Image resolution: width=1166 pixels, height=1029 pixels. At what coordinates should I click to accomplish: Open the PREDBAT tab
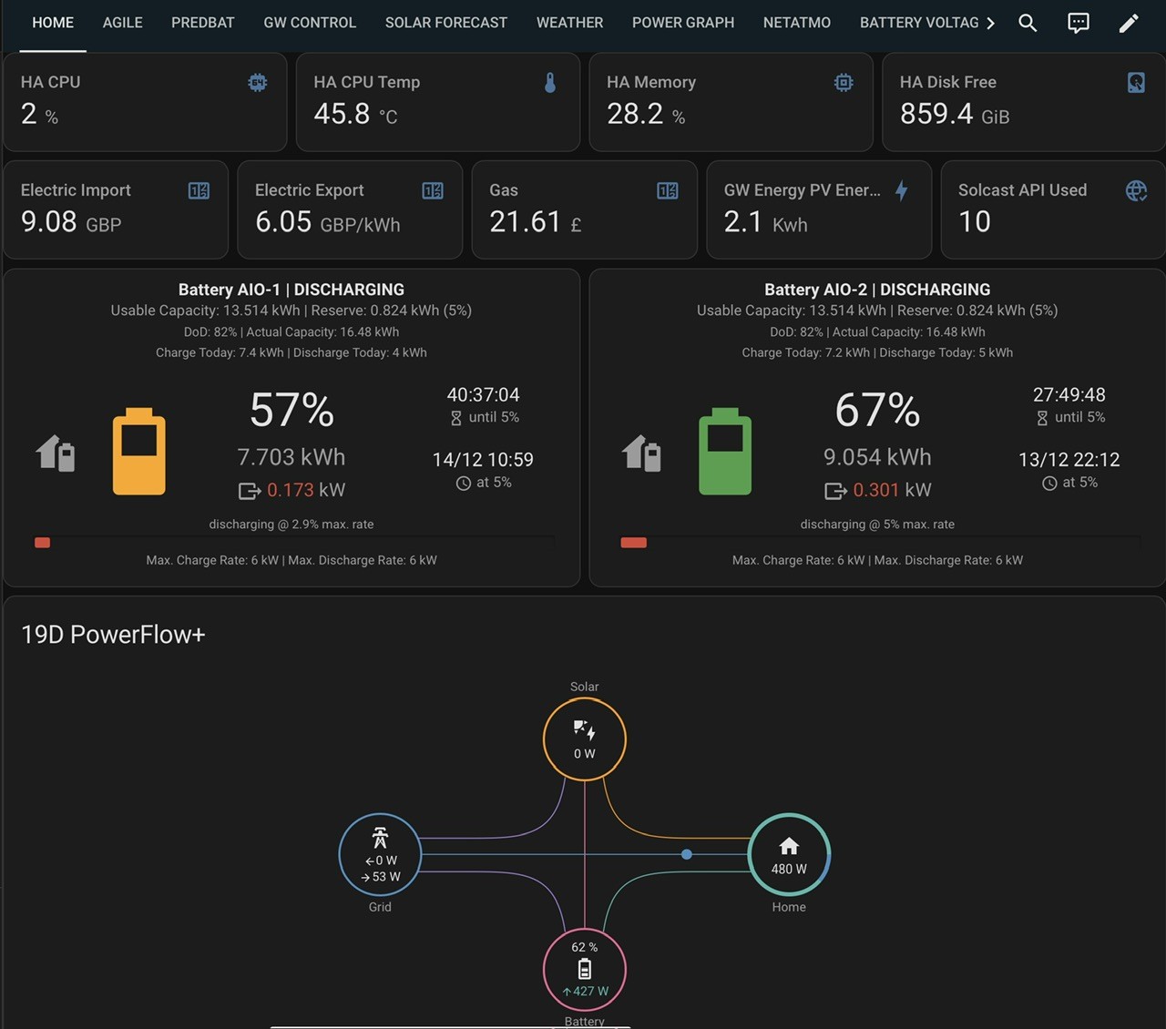(x=202, y=23)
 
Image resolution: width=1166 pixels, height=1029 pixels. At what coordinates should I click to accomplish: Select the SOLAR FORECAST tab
(x=446, y=23)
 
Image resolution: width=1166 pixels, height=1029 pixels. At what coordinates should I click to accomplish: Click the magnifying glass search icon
(x=1028, y=23)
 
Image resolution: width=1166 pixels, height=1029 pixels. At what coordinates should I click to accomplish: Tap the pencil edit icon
(x=1129, y=23)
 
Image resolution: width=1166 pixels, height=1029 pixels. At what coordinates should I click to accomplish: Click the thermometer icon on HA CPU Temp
(x=550, y=83)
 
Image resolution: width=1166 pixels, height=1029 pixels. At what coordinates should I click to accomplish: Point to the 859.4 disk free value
(x=936, y=114)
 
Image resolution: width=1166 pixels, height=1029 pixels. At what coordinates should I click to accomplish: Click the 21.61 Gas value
(x=525, y=221)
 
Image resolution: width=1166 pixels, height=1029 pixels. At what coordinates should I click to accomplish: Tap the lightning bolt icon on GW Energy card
(x=902, y=190)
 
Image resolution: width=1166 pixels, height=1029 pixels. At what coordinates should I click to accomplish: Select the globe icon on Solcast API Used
(x=1136, y=190)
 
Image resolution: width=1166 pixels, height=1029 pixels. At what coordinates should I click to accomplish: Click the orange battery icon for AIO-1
(x=138, y=451)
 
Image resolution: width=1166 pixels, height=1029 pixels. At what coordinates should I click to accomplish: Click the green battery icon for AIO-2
(x=724, y=451)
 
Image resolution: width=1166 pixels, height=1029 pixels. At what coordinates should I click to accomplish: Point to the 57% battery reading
(x=291, y=410)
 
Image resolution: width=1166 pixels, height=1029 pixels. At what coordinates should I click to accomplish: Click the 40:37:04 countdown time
(x=483, y=395)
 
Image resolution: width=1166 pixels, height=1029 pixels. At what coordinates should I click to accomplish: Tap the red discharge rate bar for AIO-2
(x=634, y=543)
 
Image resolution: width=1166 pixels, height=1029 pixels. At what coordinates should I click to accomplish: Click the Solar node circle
(x=585, y=698)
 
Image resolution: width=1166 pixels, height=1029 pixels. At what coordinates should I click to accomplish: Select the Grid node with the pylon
(x=339, y=854)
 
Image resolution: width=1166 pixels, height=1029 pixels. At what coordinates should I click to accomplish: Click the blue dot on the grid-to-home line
(x=687, y=854)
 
